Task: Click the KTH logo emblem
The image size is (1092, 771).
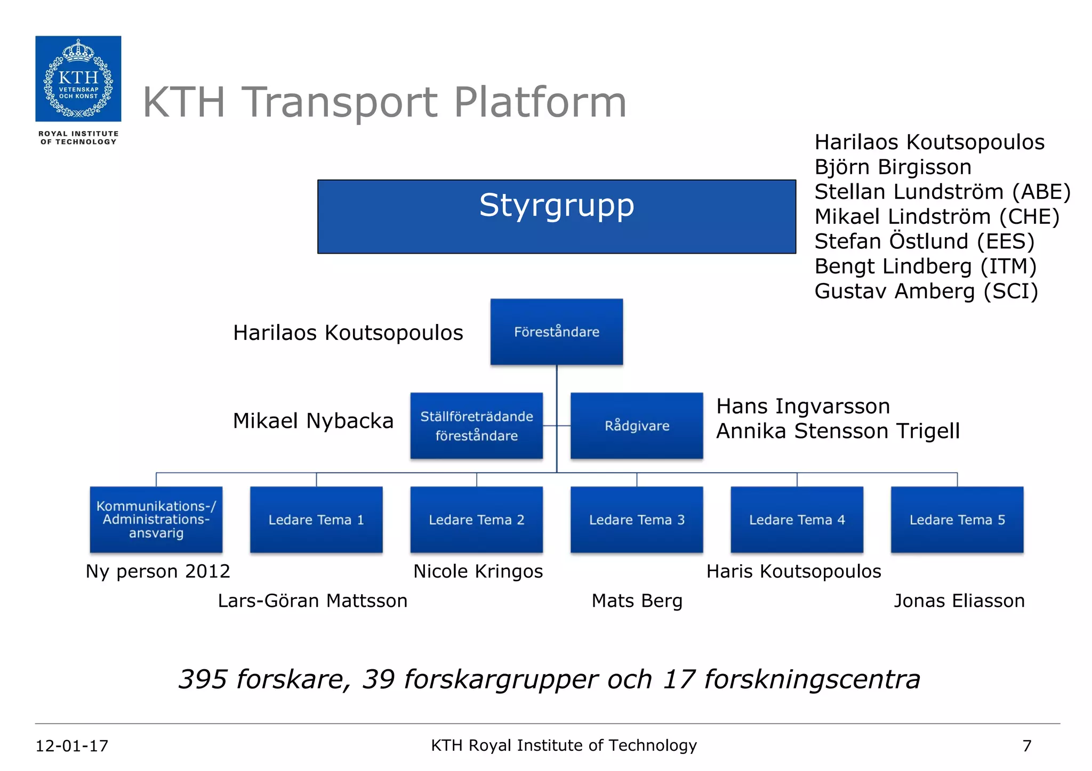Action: click(78, 79)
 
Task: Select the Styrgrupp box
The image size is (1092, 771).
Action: click(556, 216)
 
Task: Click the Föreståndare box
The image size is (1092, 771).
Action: click(556, 332)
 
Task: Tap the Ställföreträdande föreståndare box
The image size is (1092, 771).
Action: click(476, 426)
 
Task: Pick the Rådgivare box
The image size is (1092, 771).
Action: click(637, 426)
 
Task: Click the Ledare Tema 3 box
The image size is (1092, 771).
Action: click(637, 520)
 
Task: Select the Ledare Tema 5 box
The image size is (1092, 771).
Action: click(957, 520)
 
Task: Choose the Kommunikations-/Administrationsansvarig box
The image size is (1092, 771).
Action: click(156, 520)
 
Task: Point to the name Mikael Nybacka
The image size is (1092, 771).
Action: click(313, 421)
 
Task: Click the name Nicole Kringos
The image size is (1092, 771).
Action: click(478, 571)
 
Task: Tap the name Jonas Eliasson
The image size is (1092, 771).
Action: click(959, 601)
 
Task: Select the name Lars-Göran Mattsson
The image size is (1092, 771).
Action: click(312, 601)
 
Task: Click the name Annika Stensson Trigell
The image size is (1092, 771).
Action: click(838, 431)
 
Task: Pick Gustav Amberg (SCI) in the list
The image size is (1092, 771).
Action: click(926, 291)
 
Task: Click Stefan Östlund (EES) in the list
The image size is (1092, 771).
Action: click(924, 241)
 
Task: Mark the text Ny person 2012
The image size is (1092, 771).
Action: click(158, 571)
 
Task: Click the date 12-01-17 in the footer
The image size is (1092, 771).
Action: click(72, 745)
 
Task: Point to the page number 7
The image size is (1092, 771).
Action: click(1026, 745)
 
